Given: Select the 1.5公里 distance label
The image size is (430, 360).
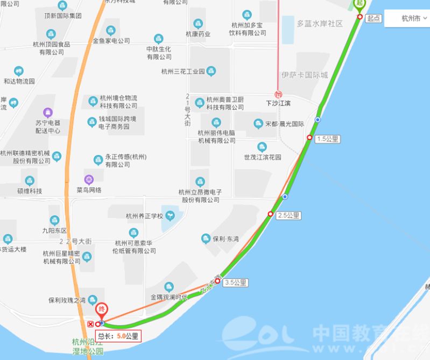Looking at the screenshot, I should [328, 139].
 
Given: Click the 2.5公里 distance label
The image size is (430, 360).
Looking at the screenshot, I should [288, 215].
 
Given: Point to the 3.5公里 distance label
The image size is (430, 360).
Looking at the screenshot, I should [235, 282].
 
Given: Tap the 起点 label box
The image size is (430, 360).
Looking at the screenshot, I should [373, 18].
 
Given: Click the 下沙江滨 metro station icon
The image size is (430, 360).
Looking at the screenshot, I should [278, 93].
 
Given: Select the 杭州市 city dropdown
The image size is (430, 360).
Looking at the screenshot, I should [414, 18].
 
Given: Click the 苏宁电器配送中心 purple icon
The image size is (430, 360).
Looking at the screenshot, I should [48, 112].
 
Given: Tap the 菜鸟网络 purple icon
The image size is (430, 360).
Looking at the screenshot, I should [88, 179].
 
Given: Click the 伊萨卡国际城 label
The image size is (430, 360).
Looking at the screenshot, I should [305, 75].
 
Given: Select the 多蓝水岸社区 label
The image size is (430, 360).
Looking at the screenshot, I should [320, 24].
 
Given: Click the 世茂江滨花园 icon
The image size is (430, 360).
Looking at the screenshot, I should [262, 147].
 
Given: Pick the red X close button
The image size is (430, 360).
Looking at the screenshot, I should [90, 324].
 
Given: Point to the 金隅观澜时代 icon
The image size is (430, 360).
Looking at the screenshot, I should [169, 287].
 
